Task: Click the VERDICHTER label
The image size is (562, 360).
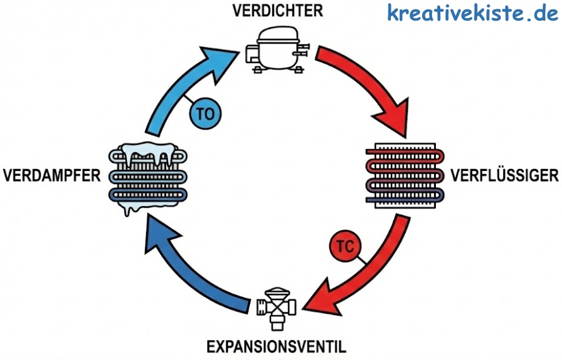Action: click(x=278, y=11)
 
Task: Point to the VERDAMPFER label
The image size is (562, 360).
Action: click(x=51, y=174)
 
